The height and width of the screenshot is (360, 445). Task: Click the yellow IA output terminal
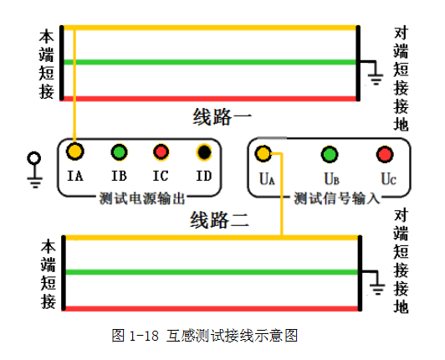[x=75, y=152]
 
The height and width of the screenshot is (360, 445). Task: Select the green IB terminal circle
[x=119, y=152]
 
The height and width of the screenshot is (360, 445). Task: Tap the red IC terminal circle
[x=161, y=152]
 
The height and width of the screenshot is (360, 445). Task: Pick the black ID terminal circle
[x=204, y=152]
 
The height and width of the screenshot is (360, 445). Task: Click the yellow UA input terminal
[x=263, y=154]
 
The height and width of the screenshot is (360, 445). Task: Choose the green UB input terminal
[x=330, y=154]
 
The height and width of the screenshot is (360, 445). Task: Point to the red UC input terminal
[x=385, y=154]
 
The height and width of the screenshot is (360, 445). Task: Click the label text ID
[x=204, y=176]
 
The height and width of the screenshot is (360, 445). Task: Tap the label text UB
[x=332, y=179]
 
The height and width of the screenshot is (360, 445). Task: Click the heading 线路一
[x=222, y=117]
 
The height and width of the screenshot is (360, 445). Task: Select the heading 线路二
[x=219, y=220]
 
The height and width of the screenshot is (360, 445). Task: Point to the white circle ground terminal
[x=34, y=158]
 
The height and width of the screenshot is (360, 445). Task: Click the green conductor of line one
[x=210, y=62]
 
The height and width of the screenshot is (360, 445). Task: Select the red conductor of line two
[x=212, y=308]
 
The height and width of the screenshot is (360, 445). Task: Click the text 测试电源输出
[x=142, y=198]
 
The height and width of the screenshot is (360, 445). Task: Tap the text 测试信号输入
[x=337, y=198]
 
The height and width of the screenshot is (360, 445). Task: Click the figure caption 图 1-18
[x=135, y=336]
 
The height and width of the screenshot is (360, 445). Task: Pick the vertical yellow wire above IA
[x=74, y=86]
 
